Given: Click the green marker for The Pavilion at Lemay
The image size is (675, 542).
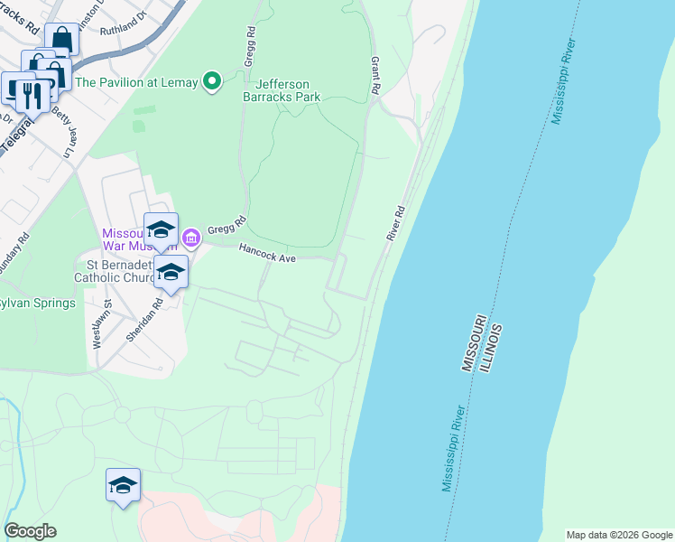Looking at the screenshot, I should point(212,82).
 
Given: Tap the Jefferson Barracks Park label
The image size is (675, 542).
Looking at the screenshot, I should point(282,89).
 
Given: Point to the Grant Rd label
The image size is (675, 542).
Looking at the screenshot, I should point(374,76).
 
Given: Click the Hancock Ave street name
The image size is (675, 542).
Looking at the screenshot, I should point(267,255).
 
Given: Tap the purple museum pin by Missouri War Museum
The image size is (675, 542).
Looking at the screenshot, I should point(190,238).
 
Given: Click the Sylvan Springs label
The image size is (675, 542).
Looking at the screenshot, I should point(36,303).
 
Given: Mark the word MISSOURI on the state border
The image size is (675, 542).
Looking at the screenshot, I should point(474,343).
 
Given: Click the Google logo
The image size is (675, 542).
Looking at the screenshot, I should point(30,531).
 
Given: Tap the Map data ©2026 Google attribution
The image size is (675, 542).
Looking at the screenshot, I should point(619,535).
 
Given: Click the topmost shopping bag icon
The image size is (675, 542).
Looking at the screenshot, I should point(61,40).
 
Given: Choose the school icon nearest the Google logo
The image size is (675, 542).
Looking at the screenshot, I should point(123,487).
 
